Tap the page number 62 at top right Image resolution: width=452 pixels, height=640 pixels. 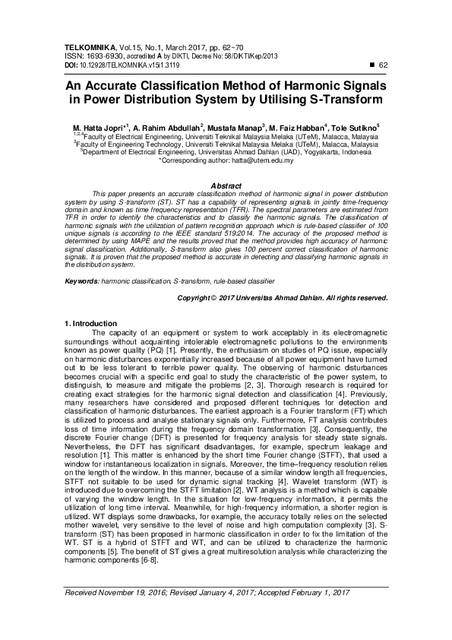click(x=383, y=66)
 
